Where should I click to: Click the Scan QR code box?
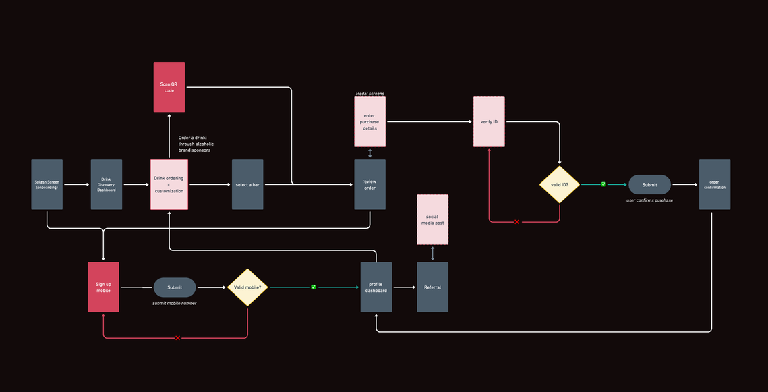pos(169,87)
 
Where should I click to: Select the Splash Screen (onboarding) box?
pos(47,184)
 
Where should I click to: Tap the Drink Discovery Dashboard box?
pos(107,184)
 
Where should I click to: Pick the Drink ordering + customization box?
pos(169,184)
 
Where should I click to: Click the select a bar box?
pos(247,184)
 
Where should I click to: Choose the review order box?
pos(370,184)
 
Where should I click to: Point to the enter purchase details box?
pos(370,121)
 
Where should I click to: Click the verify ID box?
pos(489,121)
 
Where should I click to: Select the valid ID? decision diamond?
pos(560,184)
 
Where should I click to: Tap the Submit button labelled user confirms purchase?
pos(649,184)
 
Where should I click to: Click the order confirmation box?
pos(715,184)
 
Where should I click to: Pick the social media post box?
pos(432,219)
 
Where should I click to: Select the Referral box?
pos(432,287)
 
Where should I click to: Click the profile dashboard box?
pos(376,287)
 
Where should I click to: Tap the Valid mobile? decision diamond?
pos(247,287)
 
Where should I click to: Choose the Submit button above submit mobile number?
pos(175,287)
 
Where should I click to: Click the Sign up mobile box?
pos(103,287)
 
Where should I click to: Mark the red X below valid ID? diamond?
pos(516,222)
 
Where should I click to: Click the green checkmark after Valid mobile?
pos(314,287)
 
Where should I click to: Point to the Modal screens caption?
pos(370,93)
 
